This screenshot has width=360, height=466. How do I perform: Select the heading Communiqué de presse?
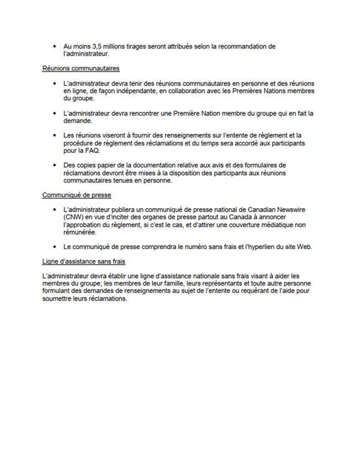77,195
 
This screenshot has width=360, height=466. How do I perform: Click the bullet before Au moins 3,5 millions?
53,46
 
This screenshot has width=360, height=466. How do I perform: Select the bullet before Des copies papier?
53,165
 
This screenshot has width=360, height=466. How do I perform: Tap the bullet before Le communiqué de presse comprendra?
53,247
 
